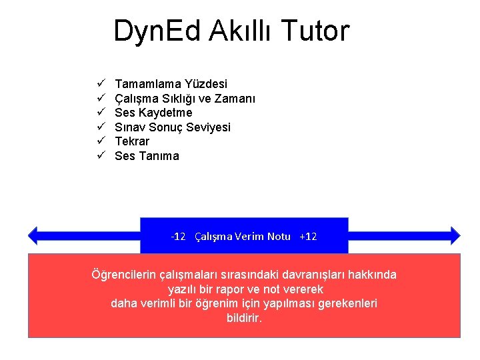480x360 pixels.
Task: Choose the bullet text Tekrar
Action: [x=132, y=141]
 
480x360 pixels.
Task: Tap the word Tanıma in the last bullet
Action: [x=158, y=156]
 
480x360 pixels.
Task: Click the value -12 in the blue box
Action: [x=178, y=237]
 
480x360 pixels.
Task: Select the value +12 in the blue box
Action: [x=308, y=237]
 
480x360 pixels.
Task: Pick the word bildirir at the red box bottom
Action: [x=244, y=318]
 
